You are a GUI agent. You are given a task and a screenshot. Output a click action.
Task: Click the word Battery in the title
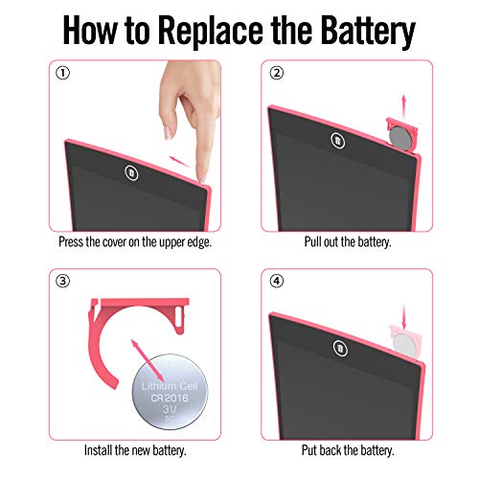click(x=368, y=31)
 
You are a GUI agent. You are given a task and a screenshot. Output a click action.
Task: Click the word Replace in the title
click(x=211, y=31)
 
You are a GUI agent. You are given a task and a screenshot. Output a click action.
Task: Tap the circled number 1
click(x=62, y=73)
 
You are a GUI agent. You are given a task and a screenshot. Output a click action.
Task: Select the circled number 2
click(x=277, y=73)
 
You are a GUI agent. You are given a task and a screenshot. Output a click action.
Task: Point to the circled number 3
click(x=62, y=282)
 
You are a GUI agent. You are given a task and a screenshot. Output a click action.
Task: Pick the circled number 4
click(x=277, y=282)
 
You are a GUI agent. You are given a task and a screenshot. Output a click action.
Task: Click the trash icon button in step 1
click(x=131, y=173)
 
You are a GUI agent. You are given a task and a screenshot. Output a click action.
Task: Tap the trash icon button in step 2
click(x=337, y=140)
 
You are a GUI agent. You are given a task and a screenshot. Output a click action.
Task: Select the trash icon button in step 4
click(x=340, y=348)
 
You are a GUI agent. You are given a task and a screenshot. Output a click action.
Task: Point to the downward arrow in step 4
click(x=404, y=316)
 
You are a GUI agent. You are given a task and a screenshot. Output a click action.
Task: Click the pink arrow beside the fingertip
click(x=180, y=162)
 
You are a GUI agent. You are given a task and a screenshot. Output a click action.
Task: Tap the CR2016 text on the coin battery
click(x=170, y=398)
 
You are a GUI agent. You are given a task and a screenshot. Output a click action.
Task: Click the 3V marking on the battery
click(x=170, y=409)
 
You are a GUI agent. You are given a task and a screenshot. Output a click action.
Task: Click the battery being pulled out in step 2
click(x=400, y=138)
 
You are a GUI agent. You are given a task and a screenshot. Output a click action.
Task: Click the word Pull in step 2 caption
click(x=312, y=241)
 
